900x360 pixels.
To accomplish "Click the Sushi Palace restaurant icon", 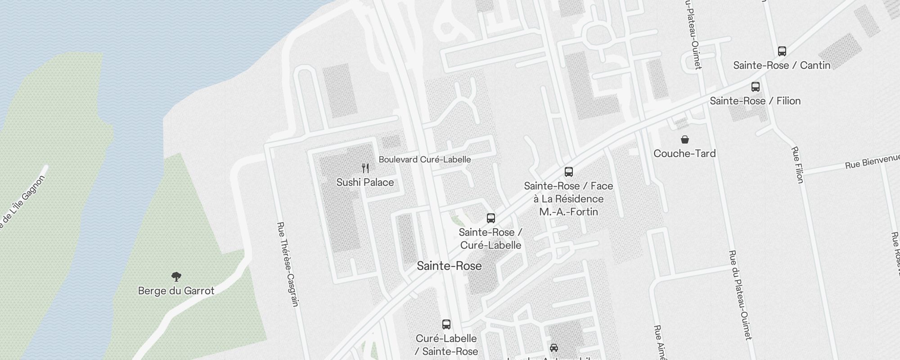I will tap(365, 168).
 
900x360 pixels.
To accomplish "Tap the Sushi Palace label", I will tap(365, 182).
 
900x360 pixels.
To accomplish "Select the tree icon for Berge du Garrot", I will tap(176, 276).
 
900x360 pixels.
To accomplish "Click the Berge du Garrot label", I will tap(176, 291).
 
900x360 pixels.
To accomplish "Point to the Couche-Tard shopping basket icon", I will tap(684, 139).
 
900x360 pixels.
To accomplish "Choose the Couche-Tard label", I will tap(684, 153).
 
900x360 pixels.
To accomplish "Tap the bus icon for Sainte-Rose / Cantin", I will tap(782, 51).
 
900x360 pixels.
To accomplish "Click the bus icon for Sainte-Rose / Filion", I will tap(756, 87).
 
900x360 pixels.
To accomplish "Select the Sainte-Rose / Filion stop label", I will tap(755, 101).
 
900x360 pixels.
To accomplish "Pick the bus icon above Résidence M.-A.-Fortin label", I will tap(569, 171).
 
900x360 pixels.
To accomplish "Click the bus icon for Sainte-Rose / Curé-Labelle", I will tap(491, 218).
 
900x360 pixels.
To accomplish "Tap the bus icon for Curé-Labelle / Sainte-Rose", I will tap(446, 324).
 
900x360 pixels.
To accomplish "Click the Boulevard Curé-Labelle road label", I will tap(425, 159).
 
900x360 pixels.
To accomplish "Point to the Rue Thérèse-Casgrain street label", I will tap(288, 264).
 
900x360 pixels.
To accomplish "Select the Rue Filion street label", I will tap(797, 165).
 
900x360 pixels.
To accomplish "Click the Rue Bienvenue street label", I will tap(872, 162).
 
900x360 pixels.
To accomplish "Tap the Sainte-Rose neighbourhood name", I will tap(449, 265).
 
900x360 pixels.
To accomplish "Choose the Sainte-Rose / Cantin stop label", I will tap(782, 65).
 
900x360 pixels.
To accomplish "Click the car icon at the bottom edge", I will tap(554, 348).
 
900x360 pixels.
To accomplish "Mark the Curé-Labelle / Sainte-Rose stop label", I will tap(446, 345).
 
